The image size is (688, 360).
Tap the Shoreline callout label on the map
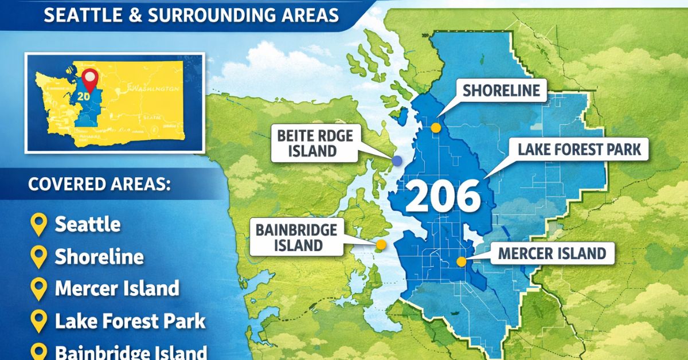coord(501,91)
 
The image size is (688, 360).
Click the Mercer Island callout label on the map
coord(552,253)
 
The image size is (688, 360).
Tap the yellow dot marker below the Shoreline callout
coord(436,128)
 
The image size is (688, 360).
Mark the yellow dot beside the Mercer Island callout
coord(461,262)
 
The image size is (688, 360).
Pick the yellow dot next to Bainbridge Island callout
coord(381,245)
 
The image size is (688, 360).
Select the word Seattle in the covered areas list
coord(88,224)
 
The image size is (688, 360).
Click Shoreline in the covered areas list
coord(99,257)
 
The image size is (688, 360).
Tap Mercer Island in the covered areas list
coord(117,288)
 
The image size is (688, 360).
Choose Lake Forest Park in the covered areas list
coord(130,321)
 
